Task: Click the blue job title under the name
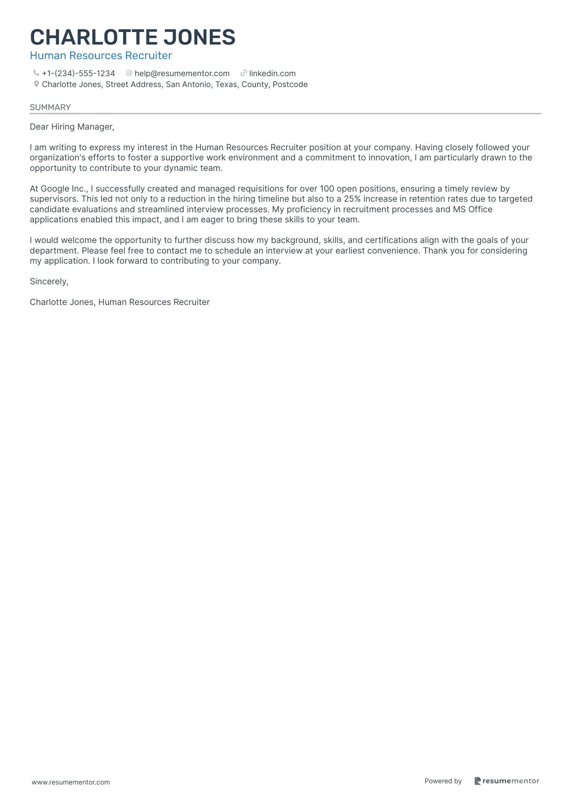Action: pos(101,55)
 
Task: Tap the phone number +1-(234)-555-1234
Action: pos(79,73)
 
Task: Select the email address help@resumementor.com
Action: pos(182,73)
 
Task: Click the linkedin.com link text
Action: pos(272,73)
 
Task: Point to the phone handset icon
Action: pos(36,73)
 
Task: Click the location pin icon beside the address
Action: pos(36,84)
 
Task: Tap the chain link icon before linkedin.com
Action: pos(244,73)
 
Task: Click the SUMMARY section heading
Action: pos(50,107)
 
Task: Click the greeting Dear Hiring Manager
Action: pos(72,127)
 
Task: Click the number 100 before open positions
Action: pos(327,189)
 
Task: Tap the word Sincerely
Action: pos(49,281)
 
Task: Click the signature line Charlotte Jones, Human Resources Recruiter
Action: pos(120,302)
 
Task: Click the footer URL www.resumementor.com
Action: pos(71,782)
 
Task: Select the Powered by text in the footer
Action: pos(443,781)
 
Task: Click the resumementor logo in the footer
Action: pos(507,781)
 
